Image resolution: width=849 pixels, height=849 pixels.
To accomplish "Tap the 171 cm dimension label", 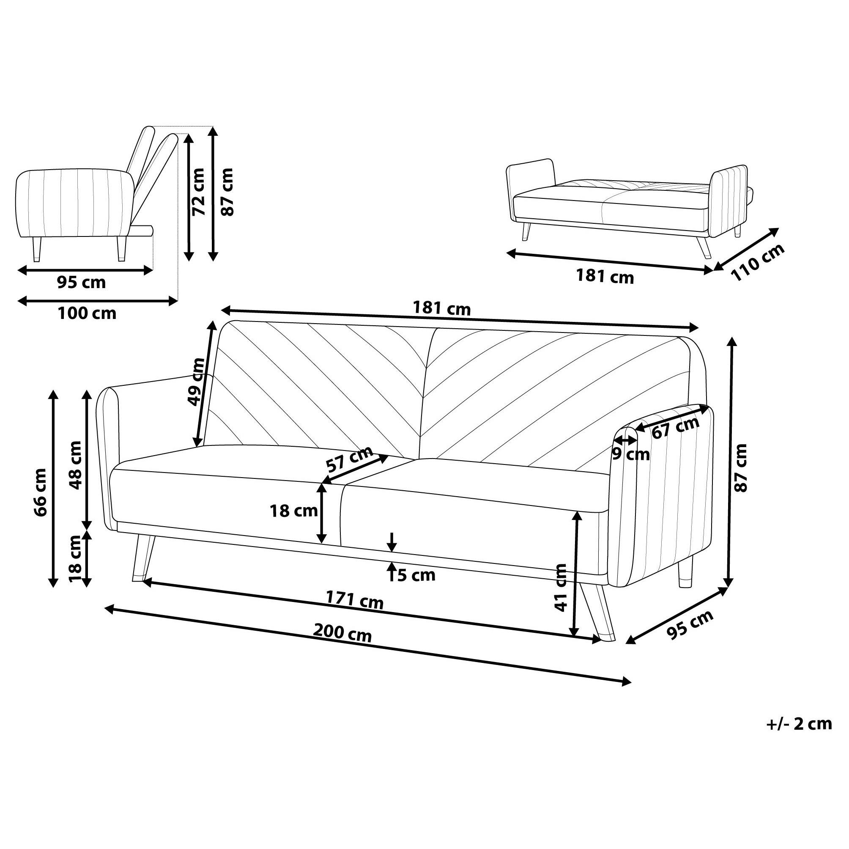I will tap(354, 600).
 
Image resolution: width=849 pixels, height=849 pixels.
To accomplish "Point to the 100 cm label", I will tap(87, 313).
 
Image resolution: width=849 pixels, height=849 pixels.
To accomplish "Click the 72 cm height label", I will tap(199, 192).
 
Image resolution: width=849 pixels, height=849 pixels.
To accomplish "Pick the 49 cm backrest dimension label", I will tap(196, 382).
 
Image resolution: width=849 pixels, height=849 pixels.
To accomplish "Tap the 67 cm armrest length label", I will tap(675, 427).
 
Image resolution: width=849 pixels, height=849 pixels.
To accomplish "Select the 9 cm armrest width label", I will tap(630, 454).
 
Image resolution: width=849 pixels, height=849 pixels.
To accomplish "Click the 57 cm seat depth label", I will tap(349, 459).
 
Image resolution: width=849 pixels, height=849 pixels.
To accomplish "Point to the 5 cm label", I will tap(416, 574).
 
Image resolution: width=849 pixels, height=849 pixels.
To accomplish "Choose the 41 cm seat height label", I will tap(561, 588).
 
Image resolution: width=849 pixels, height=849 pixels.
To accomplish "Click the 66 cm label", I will tap(41, 492).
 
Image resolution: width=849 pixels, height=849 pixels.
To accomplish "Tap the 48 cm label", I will tap(75, 465).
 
